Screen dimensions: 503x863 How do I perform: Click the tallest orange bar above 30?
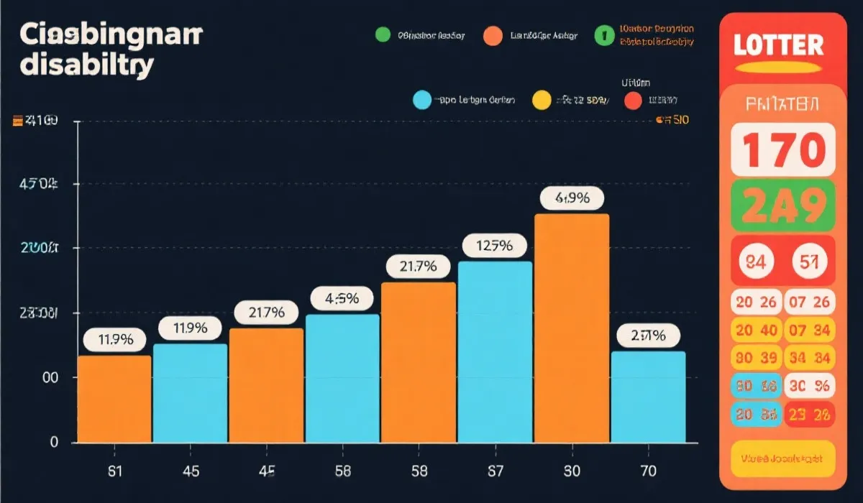[572, 328]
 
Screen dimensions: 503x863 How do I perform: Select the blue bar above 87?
[495, 352]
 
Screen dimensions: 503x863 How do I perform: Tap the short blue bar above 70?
[648, 397]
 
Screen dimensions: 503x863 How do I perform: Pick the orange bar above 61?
[114, 399]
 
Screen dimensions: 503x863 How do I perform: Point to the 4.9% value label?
[572, 199]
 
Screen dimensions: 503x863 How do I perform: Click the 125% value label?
[495, 246]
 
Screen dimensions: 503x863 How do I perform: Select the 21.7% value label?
[418, 267]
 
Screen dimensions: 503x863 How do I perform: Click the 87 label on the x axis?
[495, 471]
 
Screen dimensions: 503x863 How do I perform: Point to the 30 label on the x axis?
[572, 471]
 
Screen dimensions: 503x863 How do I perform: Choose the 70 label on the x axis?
[648, 471]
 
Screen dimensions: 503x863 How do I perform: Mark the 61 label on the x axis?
[114, 471]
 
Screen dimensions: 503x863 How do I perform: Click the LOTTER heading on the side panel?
[778, 45]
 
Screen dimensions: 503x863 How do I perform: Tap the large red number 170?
[782, 150]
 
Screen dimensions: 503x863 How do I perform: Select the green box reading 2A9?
[782, 206]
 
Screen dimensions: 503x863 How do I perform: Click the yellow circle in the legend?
[541, 101]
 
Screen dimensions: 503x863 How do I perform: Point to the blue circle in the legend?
[422, 101]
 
